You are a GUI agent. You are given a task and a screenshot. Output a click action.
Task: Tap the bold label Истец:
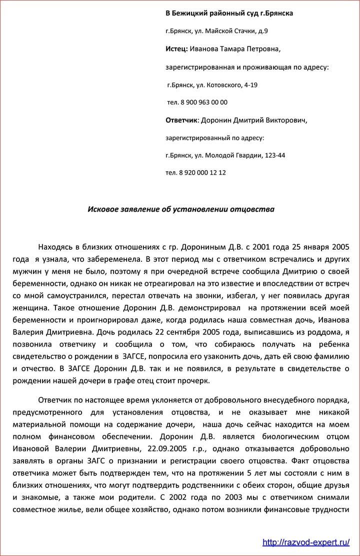[176, 49]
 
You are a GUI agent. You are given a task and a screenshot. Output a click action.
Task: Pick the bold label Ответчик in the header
[181, 120]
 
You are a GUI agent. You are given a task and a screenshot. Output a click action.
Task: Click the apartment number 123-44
[274, 155]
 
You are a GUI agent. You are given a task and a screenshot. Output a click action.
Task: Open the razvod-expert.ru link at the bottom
[305, 542]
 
